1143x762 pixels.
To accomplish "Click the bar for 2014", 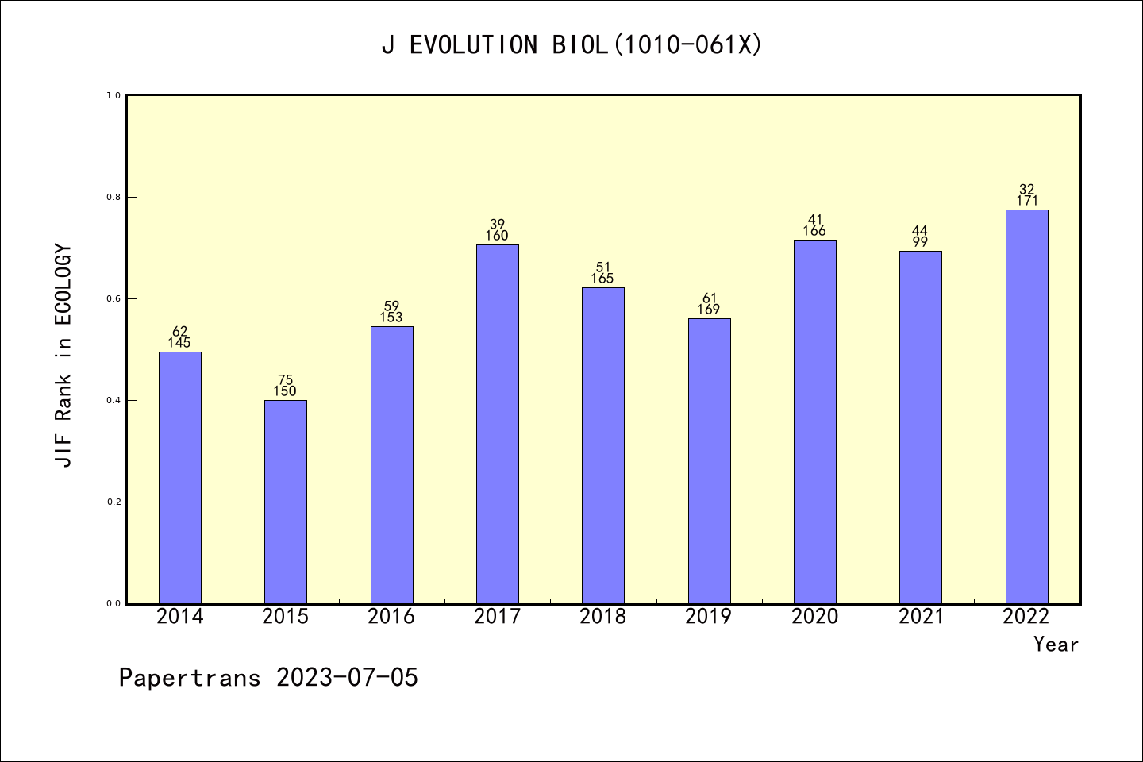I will click(x=179, y=477).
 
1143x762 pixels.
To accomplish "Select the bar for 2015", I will click(x=285, y=502).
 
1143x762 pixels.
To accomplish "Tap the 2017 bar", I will click(x=497, y=424).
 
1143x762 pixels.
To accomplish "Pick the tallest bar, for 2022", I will click(x=1026, y=406).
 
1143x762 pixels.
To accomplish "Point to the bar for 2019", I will click(x=709, y=460).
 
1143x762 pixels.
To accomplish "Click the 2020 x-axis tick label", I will click(x=814, y=617).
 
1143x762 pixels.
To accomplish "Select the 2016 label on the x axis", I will click(x=391, y=617).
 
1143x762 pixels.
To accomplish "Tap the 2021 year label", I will click(x=921, y=617).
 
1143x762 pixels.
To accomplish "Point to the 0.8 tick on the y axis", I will click(x=114, y=197).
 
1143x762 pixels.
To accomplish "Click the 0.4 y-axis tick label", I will click(x=114, y=400).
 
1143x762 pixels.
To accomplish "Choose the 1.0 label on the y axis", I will click(x=114, y=95).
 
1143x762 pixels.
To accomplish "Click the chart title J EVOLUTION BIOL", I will click(x=571, y=45).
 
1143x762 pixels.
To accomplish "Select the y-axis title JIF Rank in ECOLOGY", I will click(x=63, y=356).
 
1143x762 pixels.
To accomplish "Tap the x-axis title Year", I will click(x=1056, y=645).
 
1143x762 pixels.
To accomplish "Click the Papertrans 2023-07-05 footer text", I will click(x=268, y=678).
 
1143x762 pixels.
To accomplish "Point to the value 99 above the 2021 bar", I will click(x=921, y=242).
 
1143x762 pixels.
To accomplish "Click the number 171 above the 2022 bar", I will click(x=1027, y=201).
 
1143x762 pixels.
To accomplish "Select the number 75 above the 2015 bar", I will click(x=285, y=380).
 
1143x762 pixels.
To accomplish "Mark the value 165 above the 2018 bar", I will click(x=602, y=279).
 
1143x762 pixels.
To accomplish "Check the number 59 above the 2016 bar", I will click(x=391, y=306).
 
